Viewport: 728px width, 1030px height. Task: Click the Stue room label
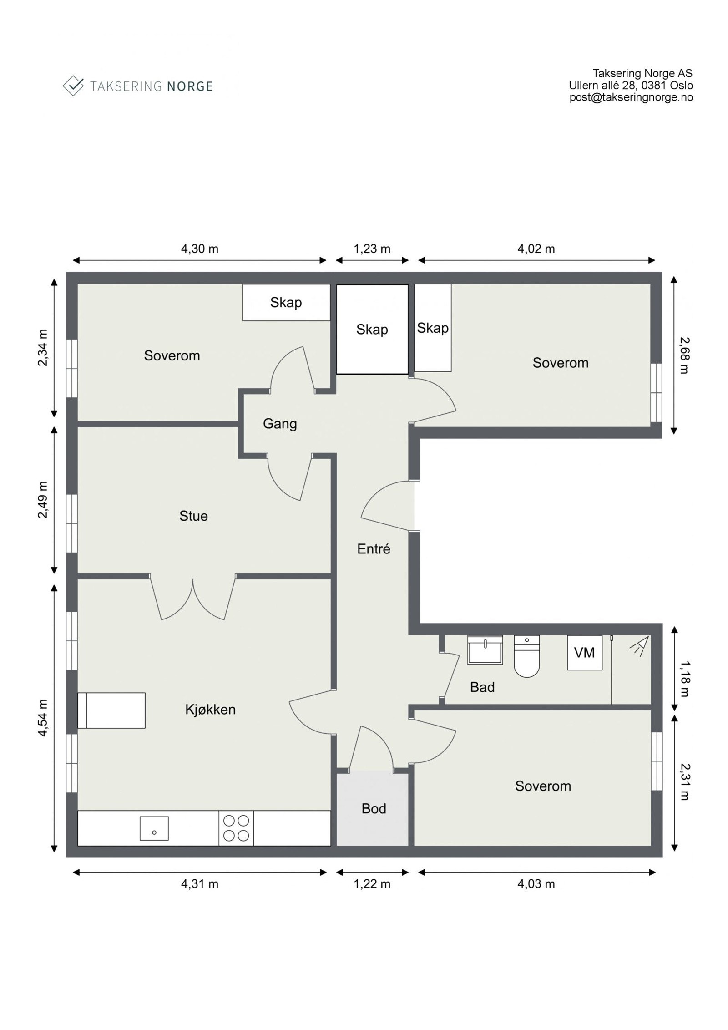coord(193,516)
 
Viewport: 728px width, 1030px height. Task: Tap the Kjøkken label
coord(210,710)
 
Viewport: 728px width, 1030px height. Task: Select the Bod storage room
coord(373,808)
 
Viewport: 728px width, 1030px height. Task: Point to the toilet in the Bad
coord(526,656)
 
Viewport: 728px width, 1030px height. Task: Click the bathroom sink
coord(485,650)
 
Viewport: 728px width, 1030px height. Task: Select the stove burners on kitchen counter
coord(236,828)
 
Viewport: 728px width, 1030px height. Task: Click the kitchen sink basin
coord(154,828)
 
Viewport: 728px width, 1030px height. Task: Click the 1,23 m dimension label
coord(372,249)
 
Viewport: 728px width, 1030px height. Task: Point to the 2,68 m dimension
coord(684,355)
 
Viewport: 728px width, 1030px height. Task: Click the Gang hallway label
coord(280,424)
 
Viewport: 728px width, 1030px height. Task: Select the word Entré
coord(374,549)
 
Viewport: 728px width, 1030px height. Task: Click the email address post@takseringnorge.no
coord(631,97)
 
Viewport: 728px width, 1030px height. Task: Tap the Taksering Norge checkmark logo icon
coord(73,86)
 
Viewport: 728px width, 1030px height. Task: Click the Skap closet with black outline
coord(372,329)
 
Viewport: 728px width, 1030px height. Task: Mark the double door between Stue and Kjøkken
coord(193,596)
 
